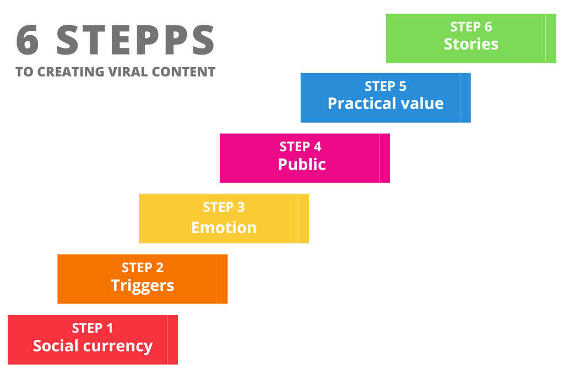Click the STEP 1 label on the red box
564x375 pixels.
[x=93, y=328]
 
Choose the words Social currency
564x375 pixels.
[x=93, y=346]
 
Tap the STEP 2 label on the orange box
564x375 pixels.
[x=143, y=268]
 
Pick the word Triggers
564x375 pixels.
[x=143, y=285]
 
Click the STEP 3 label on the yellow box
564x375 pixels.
[x=224, y=207]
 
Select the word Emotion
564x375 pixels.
[x=224, y=227]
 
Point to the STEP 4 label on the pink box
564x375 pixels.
[x=300, y=147]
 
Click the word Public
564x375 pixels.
[x=302, y=164]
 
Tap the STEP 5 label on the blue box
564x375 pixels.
[x=386, y=86]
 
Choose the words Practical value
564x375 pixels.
[x=386, y=103]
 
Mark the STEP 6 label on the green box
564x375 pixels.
[x=471, y=26]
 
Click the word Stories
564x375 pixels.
[x=471, y=44]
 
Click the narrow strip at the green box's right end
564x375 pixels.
[x=551, y=38]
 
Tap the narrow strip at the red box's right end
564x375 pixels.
[x=172, y=340]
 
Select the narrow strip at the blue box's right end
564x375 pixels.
[x=465, y=98]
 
